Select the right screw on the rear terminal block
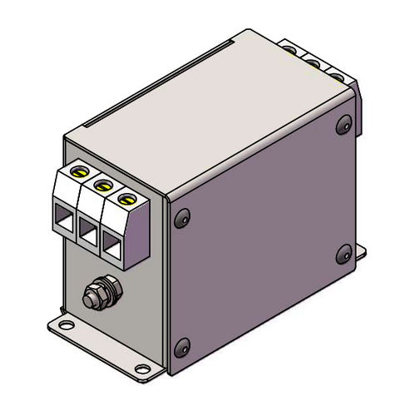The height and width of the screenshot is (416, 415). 334,72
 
